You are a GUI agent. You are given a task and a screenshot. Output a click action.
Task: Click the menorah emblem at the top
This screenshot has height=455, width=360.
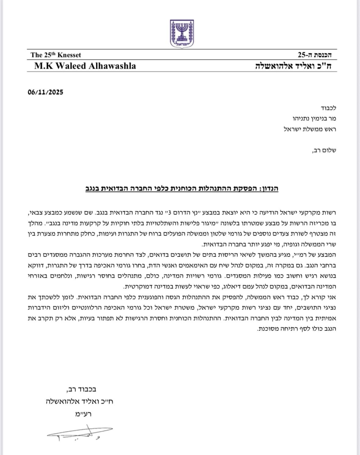pos(180,33)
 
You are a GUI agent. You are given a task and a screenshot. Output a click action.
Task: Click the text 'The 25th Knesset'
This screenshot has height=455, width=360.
pos(56,55)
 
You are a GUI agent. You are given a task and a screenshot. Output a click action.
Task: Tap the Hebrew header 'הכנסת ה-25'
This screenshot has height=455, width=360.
pos(315,55)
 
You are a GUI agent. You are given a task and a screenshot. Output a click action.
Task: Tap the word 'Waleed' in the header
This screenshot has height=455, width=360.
pos(66,66)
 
